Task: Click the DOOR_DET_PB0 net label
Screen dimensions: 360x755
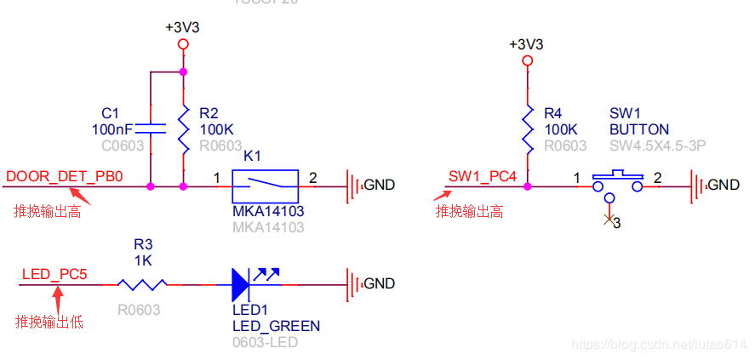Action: click(x=65, y=176)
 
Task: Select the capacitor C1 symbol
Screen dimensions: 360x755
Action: click(x=150, y=129)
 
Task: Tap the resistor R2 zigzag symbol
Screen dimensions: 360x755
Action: click(x=183, y=129)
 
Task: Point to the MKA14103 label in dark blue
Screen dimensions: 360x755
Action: click(x=268, y=210)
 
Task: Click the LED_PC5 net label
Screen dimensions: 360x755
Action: click(x=54, y=274)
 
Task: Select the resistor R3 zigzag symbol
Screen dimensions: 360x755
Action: click(x=143, y=283)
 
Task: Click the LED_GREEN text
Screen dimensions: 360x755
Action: click(x=276, y=326)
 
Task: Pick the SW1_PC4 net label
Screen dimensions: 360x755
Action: click(x=482, y=176)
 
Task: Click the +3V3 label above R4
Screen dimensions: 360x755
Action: click(x=526, y=44)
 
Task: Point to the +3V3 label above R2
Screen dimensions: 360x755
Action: click(x=182, y=27)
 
